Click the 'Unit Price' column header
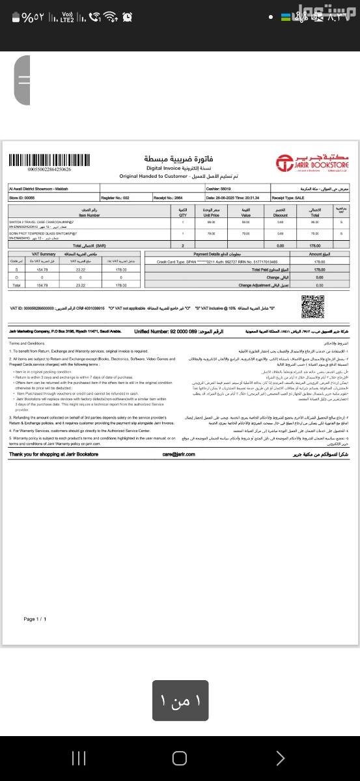[x=210, y=212]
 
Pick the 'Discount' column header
[x=281, y=212]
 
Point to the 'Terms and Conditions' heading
[x=27, y=342]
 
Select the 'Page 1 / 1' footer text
[x=35, y=618]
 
